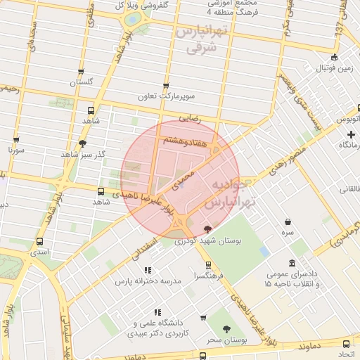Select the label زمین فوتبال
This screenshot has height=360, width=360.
pos(335,69)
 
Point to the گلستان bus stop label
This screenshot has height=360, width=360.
pos(82,82)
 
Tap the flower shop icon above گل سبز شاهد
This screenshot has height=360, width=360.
pos(82,143)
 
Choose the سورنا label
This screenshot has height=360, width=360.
pos(16,150)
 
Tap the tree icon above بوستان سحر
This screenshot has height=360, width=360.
pos(226,329)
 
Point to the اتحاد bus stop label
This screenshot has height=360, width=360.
pos(345,355)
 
